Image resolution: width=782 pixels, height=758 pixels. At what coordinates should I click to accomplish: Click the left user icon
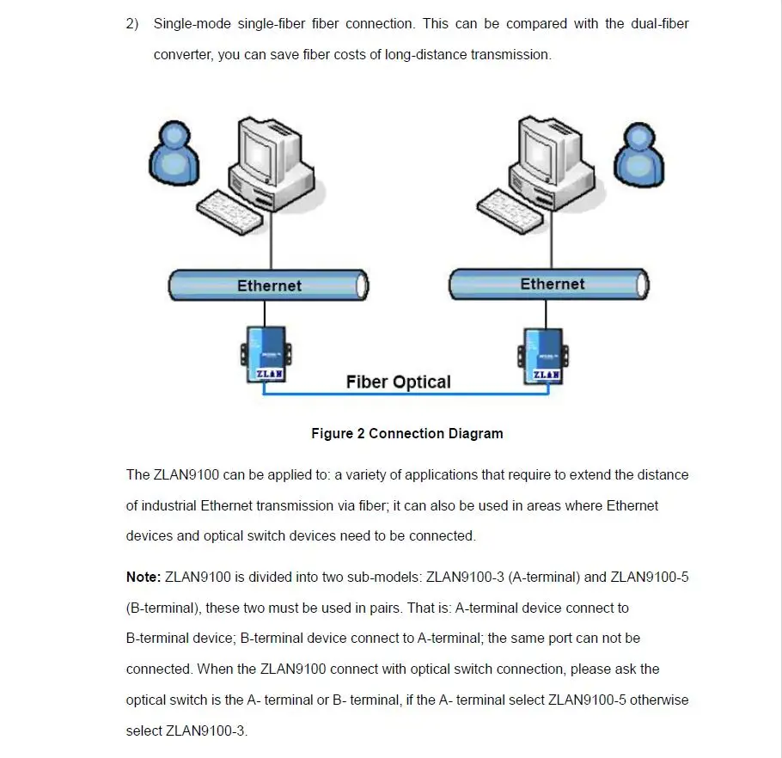(174, 154)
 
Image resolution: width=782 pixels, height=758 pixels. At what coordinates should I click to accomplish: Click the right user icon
(638, 155)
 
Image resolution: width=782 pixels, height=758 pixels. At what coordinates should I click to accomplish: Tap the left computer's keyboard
(230, 211)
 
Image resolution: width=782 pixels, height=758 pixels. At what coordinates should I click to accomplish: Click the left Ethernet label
(269, 285)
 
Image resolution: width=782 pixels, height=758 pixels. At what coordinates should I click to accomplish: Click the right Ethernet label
(552, 284)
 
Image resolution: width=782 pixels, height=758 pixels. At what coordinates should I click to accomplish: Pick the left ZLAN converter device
(266, 355)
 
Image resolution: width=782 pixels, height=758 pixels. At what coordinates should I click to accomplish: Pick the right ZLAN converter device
(543, 356)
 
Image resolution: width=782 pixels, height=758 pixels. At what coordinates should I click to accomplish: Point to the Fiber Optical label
(399, 382)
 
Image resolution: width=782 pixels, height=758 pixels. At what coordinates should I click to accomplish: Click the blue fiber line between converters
(406, 394)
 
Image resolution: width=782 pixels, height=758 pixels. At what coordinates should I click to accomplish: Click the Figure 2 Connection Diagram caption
(407, 433)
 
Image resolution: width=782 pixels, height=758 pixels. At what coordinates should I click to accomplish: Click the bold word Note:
(144, 577)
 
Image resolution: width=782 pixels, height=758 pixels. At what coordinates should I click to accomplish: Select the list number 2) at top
(132, 23)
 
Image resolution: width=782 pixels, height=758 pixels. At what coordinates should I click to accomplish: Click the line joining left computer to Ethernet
(271, 241)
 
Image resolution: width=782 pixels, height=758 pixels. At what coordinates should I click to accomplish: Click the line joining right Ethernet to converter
(546, 315)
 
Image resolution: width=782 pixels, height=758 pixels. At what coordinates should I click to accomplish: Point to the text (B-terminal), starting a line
(162, 608)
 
